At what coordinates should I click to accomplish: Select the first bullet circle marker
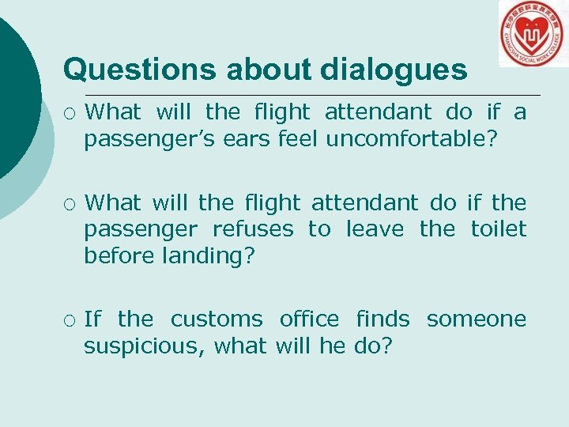69,112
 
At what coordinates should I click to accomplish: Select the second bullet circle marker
69,203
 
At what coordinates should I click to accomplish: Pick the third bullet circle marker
69,319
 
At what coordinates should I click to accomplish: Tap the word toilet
498,229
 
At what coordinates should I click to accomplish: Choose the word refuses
253,229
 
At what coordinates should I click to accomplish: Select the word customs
217,319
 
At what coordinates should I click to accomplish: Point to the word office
309,319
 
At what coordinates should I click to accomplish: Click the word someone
476,319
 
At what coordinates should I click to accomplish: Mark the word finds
382,319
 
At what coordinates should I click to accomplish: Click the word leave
375,229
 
